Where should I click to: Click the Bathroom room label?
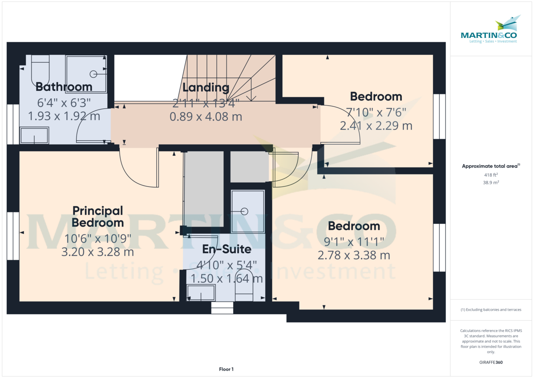coord(64,86)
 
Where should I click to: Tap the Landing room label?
coord(206,87)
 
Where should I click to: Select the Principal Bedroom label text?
coord(98,216)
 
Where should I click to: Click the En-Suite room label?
coord(227,249)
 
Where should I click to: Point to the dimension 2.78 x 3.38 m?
coord(354,255)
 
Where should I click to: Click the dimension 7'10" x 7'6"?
coord(376,111)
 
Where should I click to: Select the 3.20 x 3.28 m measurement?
coord(97,252)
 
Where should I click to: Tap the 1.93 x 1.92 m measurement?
coord(64,116)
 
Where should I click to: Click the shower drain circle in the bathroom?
coord(93,74)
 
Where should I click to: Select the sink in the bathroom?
coord(34,135)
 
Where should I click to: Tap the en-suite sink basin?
coord(201,293)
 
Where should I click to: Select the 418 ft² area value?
coord(491,175)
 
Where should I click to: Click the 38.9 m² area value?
coord(491,183)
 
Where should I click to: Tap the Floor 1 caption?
coord(226,369)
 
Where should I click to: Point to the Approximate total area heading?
coord(491,166)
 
